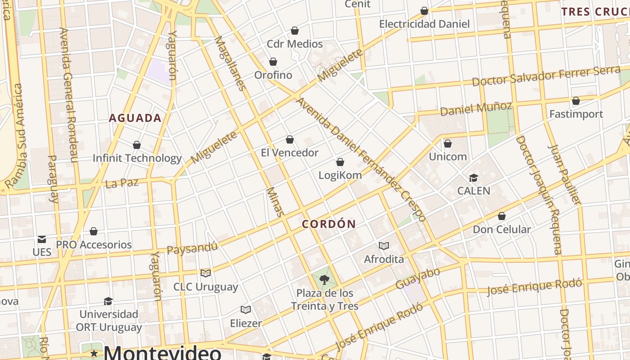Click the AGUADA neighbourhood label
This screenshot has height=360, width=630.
tap(135, 118)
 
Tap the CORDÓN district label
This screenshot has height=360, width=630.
tap(329, 224)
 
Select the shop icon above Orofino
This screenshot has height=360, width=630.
tap(273, 62)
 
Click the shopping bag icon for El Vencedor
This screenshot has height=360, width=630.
tap(290, 140)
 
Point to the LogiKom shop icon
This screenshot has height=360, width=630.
tap(340, 162)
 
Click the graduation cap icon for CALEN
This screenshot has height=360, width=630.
tap(473, 178)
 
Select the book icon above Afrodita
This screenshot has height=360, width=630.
tap(384, 246)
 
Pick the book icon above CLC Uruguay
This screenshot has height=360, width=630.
tap(206, 273)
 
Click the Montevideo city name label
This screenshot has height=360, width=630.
tap(162, 352)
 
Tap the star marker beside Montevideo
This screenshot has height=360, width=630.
tap(94, 353)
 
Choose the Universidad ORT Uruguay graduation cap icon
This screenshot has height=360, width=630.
tap(108, 301)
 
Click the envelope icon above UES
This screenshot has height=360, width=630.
tap(42, 239)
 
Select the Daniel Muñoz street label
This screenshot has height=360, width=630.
tap(476, 108)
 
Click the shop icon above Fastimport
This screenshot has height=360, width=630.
tap(576, 101)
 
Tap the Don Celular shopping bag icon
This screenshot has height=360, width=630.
tap(502, 216)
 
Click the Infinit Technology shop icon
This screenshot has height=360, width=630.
tap(137, 145)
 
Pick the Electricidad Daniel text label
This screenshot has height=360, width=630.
tap(424, 24)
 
